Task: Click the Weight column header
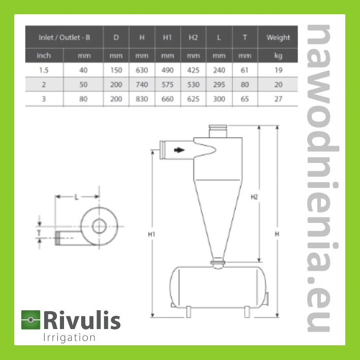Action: tap(278, 38)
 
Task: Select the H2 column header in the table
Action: tap(193, 38)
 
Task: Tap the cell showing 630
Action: tap(142, 70)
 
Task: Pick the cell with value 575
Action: tap(168, 84)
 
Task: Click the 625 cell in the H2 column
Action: tap(193, 99)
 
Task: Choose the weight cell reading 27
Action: tap(278, 99)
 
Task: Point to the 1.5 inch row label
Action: tap(44, 70)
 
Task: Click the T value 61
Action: tap(245, 70)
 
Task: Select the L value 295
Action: tap(219, 84)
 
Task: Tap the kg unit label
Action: tap(278, 56)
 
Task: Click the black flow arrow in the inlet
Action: tap(179, 150)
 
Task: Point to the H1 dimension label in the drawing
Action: tap(151, 234)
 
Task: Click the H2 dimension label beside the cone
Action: tap(254, 197)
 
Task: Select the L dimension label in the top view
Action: tap(77, 197)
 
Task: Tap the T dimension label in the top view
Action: tap(39, 233)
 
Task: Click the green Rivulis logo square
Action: tap(31, 320)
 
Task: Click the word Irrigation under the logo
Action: tap(69, 338)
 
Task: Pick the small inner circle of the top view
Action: tap(99, 226)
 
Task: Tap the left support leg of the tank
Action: tap(188, 312)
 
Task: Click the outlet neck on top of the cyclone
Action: tap(218, 131)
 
